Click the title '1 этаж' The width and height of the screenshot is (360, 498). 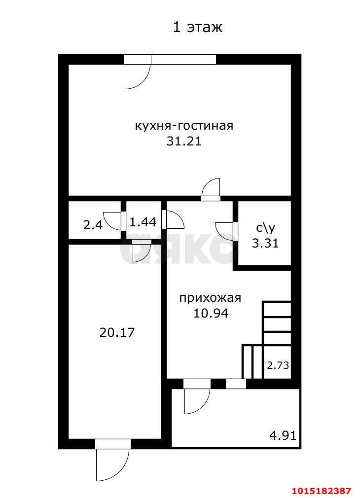pos(197,28)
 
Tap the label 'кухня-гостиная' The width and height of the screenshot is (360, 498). pos(184,126)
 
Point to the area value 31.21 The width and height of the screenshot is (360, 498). pos(184,142)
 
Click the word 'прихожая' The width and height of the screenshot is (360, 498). pos(210,298)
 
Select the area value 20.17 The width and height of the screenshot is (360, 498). pos(117,332)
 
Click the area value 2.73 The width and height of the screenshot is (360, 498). pos(278,366)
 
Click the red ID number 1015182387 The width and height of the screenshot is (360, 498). pos(322,491)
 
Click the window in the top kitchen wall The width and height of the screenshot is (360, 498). pos(183,59)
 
